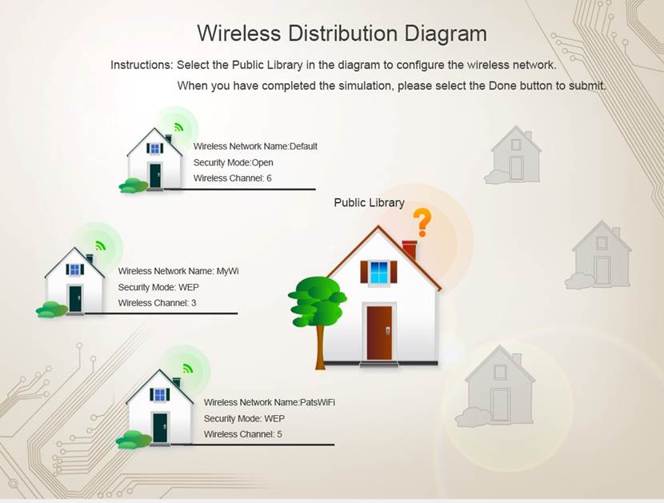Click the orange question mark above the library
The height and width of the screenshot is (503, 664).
point(422,222)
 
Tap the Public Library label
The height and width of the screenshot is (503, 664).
point(369,202)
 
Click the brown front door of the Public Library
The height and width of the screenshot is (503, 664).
point(379,333)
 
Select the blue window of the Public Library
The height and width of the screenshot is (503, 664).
point(378,272)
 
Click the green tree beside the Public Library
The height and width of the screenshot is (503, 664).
point(317,313)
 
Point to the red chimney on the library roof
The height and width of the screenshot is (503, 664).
point(410,250)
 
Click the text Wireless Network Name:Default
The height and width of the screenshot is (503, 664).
point(255,146)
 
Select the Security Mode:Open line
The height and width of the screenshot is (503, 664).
point(234,162)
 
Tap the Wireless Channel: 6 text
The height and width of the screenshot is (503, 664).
point(233,178)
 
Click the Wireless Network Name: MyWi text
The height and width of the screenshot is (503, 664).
point(178,271)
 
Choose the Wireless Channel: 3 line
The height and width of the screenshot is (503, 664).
point(157,303)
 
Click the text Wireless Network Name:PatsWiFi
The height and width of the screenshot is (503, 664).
point(270,402)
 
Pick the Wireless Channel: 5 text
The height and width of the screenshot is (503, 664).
point(242,434)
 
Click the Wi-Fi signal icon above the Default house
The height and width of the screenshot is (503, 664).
point(178,126)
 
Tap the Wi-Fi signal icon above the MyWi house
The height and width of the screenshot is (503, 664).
point(100,246)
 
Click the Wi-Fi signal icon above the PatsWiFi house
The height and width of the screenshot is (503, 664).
point(187,368)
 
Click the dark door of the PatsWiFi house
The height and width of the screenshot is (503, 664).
point(160,428)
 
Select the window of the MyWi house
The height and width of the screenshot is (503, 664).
point(75,269)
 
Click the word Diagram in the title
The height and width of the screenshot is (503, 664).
point(446,34)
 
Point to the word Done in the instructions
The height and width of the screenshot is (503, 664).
point(502,86)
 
